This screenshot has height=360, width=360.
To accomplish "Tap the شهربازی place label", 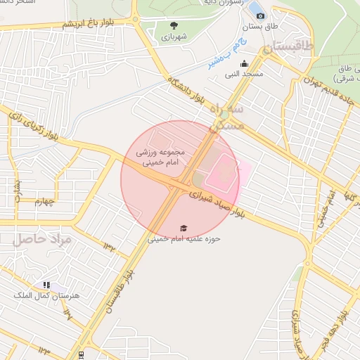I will [174, 36].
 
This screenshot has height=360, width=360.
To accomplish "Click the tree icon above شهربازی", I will [174, 25].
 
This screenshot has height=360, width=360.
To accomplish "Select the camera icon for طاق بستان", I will [260, 15].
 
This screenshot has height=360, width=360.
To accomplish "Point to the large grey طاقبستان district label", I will [289, 50].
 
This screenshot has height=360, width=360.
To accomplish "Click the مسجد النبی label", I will [243, 73].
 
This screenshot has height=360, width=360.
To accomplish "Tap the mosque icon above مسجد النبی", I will [244, 63].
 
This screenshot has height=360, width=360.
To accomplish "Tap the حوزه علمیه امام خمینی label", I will [184, 239].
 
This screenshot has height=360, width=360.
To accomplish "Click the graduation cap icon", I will [184, 229].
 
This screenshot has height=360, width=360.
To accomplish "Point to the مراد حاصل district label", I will [42, 240].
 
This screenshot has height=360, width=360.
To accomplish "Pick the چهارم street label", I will [44, 202].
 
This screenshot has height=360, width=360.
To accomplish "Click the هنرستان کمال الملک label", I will [46, 295].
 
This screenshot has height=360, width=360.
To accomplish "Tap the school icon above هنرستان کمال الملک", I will [46, 285].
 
